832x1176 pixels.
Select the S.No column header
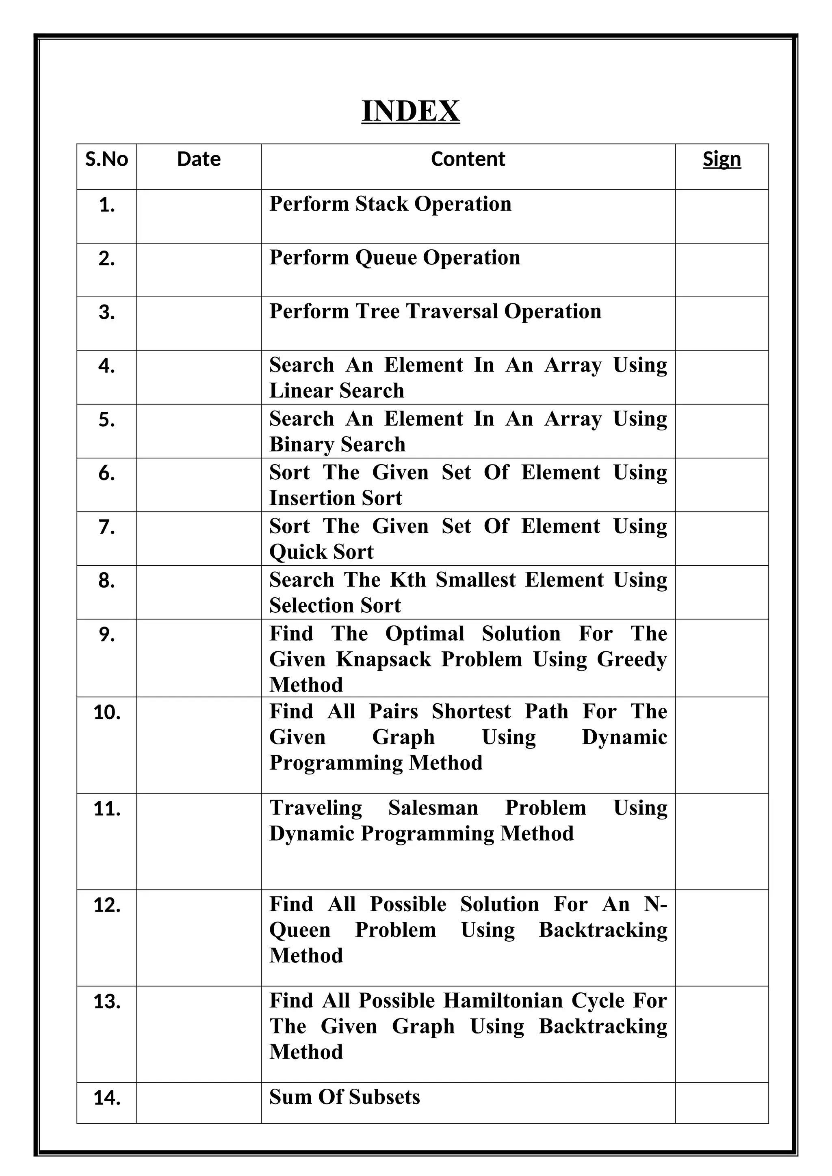point(106,159)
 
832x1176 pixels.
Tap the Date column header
point(199,159)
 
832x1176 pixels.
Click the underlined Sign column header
point(721,159)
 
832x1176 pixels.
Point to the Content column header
point(468,159)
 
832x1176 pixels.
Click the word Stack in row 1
point(382,204)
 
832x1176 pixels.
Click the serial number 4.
point(106,366)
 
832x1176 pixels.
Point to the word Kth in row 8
point(408,580)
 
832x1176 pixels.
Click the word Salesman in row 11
point(433,808)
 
